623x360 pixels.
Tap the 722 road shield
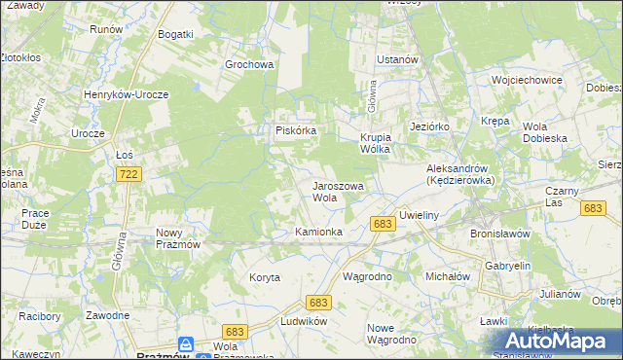(127, 173)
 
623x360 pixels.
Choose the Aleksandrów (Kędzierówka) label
(460, 174)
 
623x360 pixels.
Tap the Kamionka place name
(318, 232)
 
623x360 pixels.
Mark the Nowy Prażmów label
(177, 237)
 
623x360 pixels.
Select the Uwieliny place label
(422, 215)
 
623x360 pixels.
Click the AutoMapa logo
(560, 342)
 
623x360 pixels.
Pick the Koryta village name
(264, 277)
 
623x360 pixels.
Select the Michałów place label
(448, 277)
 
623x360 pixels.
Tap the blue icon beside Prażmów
(185, 344)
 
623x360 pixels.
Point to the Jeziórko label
(429, 126)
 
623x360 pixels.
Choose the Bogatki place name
(176, 34)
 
